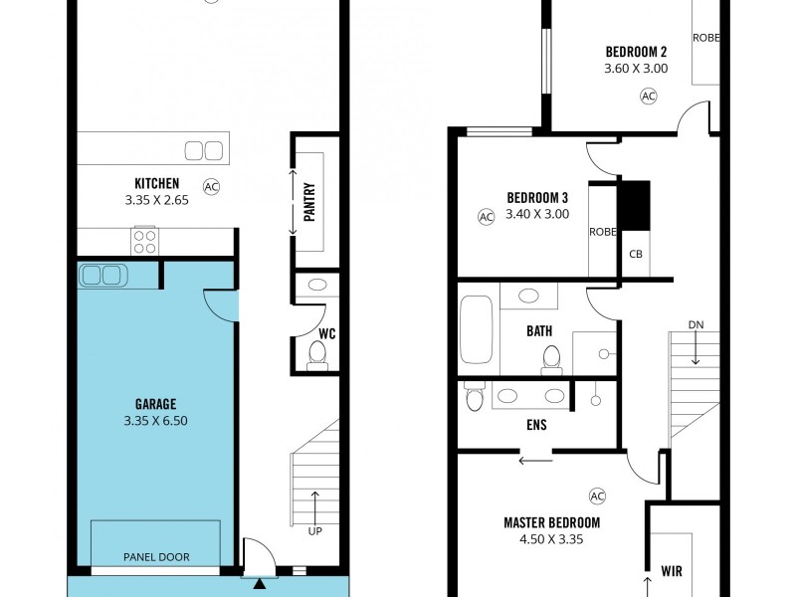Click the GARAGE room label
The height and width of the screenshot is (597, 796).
click(156, 404)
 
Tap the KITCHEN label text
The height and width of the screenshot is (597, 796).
click(157, 183)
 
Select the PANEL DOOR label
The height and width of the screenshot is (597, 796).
click(156, 557)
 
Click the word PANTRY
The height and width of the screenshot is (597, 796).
click(309, 202)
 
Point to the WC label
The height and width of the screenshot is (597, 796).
click(326, 333)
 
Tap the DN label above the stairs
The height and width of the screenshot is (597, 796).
click(696, 325)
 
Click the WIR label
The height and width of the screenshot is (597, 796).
click(672, 572)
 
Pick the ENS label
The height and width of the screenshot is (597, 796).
click(536, 425)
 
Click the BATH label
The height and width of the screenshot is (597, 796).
click(539, 332)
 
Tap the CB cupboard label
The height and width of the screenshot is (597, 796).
click(636, 254)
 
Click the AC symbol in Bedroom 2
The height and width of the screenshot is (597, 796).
click(649, 97)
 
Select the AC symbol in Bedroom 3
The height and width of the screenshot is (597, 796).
click(487, 216)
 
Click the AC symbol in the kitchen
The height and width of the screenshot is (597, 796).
click(211, 186)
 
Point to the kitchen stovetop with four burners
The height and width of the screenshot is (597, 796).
click(145, 240)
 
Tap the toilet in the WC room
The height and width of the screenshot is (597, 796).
click(318, 353)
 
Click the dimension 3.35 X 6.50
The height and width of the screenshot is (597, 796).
click(156, 420)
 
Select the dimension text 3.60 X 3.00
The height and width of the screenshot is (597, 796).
click(636, 69)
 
